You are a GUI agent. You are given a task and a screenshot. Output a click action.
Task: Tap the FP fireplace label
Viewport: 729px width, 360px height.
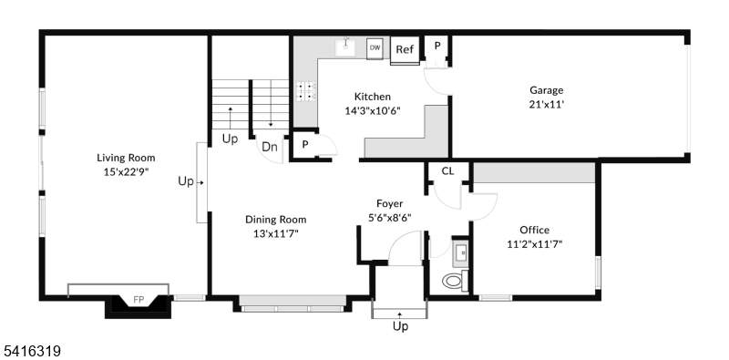click(x=139, y=299)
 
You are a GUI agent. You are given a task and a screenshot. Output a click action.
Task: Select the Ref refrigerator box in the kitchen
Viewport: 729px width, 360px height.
click(x=404, y=50)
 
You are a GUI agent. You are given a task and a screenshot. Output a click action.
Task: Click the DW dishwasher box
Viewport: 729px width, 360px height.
click(x=375, y=47)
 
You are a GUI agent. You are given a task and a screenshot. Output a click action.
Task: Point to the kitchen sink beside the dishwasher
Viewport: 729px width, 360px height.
click(x=346, y=46)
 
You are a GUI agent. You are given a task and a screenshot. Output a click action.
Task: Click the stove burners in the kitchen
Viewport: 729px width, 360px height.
click(x=305, y=90)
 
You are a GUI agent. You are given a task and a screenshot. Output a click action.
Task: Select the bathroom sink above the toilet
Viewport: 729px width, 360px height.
click(x=460, y=252)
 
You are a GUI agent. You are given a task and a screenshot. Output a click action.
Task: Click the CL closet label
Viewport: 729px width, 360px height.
click(x=447, y=170)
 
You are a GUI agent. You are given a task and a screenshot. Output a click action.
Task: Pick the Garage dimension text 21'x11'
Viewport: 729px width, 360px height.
click(x=547, y=104)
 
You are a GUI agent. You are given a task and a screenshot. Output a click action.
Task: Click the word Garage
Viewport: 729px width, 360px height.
click(x=547, y=90)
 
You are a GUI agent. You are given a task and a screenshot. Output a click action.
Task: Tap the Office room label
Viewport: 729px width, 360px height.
click(x=534, y=230)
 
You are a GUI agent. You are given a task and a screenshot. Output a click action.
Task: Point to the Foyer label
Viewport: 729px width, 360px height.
click(x=390, y=203)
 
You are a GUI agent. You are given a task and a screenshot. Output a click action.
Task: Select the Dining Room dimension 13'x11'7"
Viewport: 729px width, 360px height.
click(x=275, y=233)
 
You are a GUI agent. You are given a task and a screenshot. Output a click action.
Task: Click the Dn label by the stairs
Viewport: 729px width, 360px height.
click(x=270, y=147)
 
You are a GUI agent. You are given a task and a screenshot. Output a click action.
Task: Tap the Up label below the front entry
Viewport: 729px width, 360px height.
click(x=399, y=326)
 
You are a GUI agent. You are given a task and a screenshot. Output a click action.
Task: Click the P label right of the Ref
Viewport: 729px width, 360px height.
click(x=436, y=46)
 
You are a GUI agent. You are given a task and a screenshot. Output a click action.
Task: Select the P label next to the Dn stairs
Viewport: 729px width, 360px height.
click(x=304, y=145)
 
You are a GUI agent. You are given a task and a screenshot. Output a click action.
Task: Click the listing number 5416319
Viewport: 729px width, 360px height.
click(x=31, y=348)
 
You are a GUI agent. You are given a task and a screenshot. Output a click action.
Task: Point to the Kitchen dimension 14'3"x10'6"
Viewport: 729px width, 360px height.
click(x=372, y=110)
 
